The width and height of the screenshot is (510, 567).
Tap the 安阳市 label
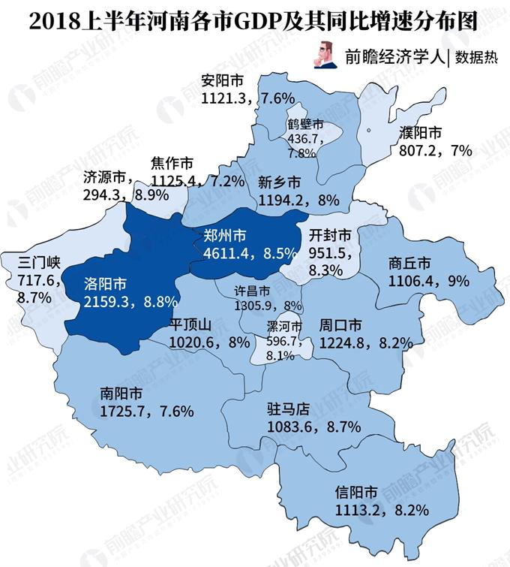pos(223,80)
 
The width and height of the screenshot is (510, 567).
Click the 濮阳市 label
pos(421,133)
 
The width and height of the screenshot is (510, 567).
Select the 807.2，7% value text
pos(431,150)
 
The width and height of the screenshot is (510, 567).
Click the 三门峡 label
pos(37,263)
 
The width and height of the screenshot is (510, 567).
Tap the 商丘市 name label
pos(409,264)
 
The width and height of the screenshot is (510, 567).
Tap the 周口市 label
pos(341,326)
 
